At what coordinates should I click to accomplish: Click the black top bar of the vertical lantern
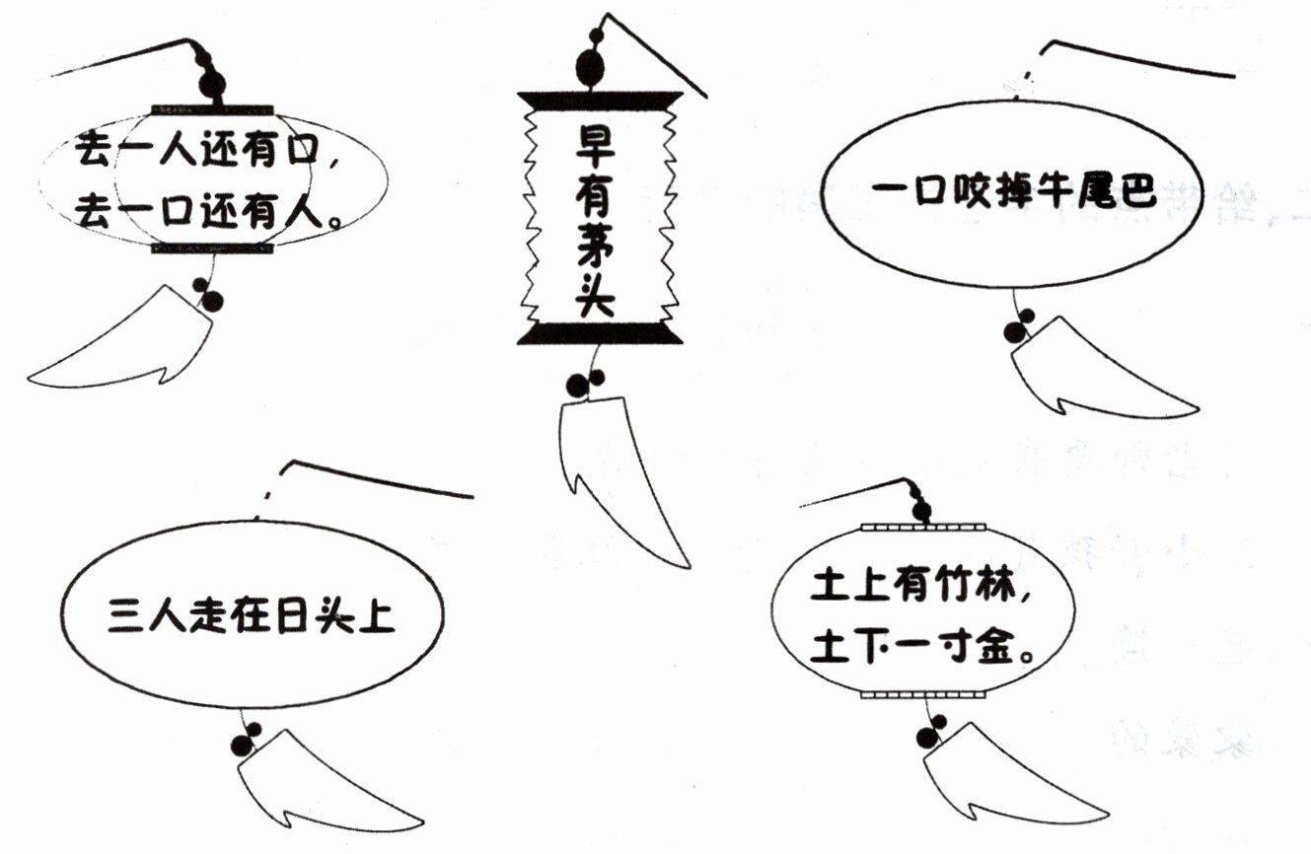coord(599,99)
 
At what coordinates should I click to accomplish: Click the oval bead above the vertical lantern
coord(590,67)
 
